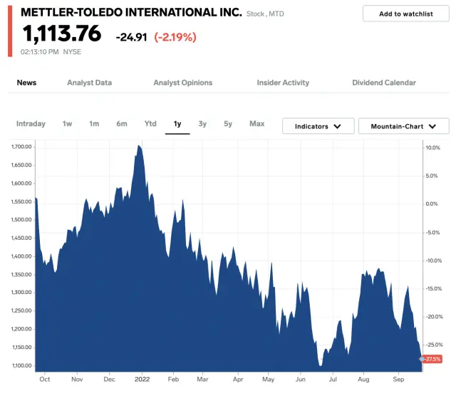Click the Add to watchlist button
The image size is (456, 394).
pos(405,14)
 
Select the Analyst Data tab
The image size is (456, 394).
pos(89,83)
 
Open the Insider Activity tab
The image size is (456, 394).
pos(283,83)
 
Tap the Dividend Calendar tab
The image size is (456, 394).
pos(384,83)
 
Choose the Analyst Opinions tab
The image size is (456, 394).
pos(182,83)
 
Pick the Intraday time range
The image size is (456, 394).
pos(31,123)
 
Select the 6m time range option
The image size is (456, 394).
pos(122,123)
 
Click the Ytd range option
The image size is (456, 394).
pos(150,123)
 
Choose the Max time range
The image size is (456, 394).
pos(256,123)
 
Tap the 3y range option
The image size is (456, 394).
pos(202,123)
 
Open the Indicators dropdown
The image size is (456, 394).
pos(318,126)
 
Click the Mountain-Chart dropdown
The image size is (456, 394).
pos(403,126)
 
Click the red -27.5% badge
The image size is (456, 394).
pos(432,359)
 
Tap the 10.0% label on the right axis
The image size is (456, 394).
pos(433,148)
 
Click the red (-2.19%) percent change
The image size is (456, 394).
pos(175,36)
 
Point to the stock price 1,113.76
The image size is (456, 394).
pos(61,34)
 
